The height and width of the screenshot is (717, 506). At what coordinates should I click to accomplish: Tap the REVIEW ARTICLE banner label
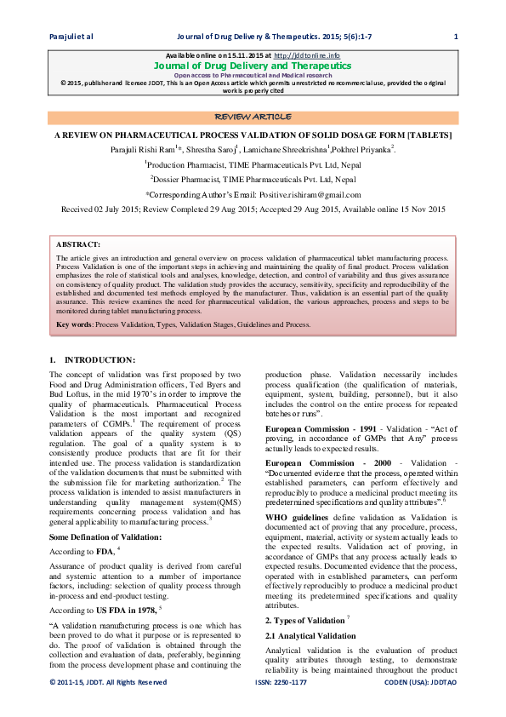pyautogui.click(x=253, y=116)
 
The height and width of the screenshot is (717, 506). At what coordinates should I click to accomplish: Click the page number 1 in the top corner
pyautogui.click(x=456, y=36)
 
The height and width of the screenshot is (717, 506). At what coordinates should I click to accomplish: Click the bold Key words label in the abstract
pyautogui.click(x=74, y=324)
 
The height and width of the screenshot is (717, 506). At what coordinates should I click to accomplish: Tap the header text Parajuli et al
pyautogui.click(x=71, y=36)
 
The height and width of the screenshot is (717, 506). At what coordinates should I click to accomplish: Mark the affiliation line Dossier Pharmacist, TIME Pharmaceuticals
pyautogui.click(x=253, y=180)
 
